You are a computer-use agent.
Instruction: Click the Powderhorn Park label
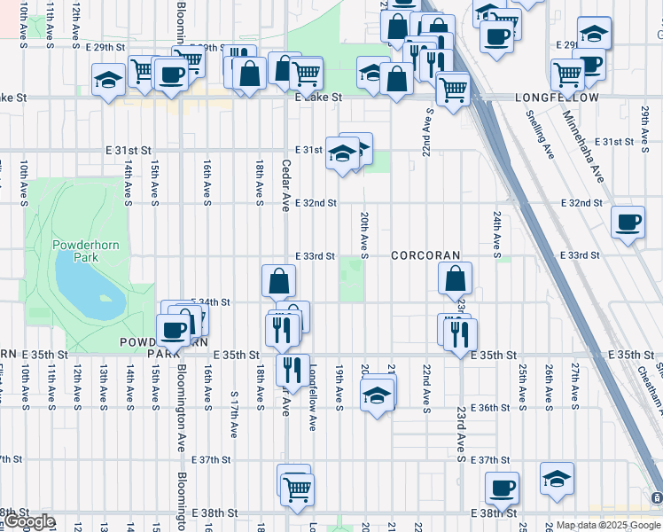[79, 251]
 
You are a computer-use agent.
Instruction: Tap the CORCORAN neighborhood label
[426, 255]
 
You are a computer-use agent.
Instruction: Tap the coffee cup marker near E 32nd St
[628, 222]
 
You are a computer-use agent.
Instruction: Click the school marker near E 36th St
[377, 395]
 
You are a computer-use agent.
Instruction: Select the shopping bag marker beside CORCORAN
[455, 279]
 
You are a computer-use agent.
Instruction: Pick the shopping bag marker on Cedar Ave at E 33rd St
[278, 282]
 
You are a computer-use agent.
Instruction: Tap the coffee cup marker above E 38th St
[502, 487]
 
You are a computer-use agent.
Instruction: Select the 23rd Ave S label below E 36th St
[461, 434]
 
